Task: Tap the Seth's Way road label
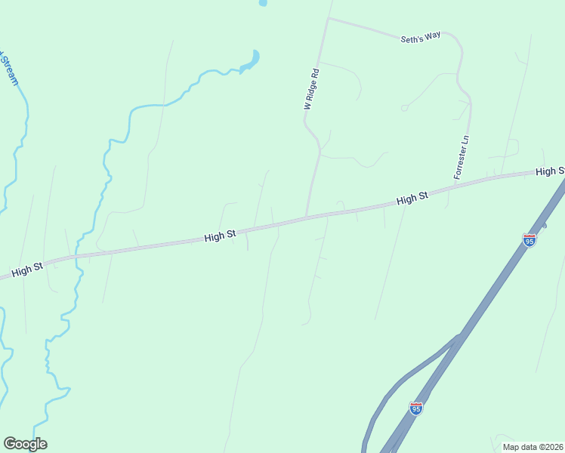point(420,36)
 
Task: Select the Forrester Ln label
point(462,158)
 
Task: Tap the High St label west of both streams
point(26,269)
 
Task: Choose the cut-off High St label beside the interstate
point(550,171)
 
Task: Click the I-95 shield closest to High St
point(529,240)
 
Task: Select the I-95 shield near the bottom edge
point(416,408)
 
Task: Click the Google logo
point(25,444)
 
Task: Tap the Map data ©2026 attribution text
point(533,447)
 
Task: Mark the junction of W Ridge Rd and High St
point(306,217)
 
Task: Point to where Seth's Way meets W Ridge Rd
point(328,19)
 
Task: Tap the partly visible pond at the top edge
point(263,2)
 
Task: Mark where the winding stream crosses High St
point(79,254)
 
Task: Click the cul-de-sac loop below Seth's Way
point(405,108)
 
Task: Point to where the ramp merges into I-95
point(458,337)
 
